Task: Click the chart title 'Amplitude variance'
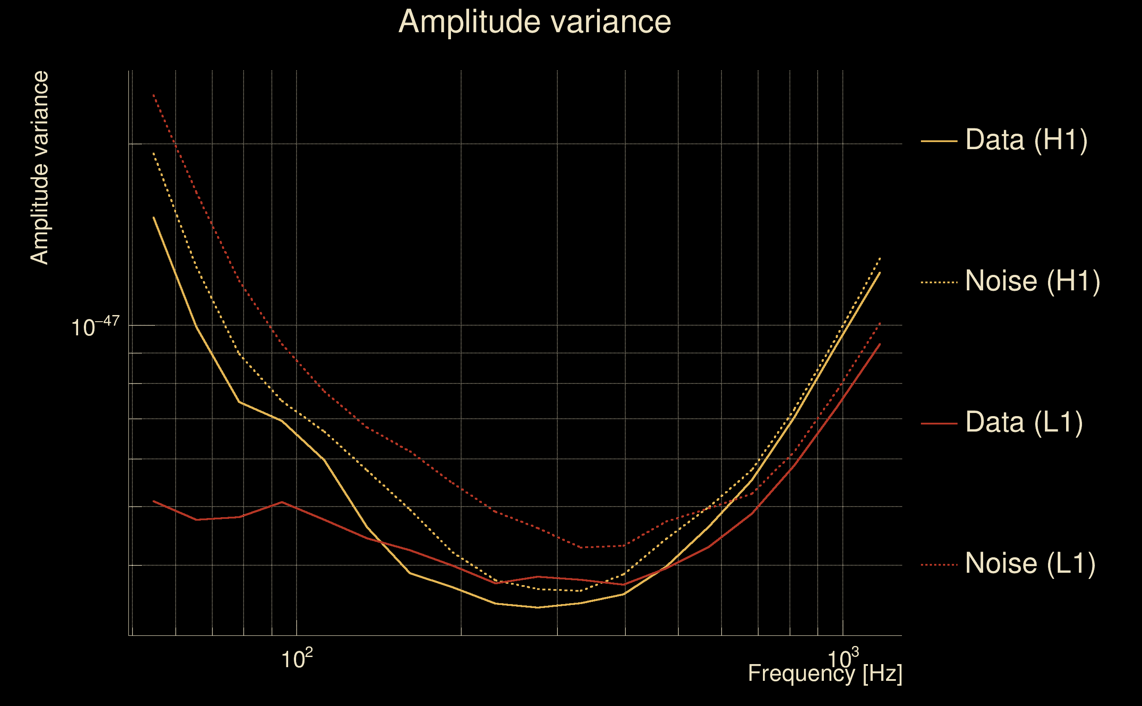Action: pyautogui.click(x=534, y=22)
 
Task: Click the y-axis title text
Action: pyautogui.click(x=39, y=168)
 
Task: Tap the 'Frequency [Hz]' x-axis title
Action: pyautogui.click(x=825, y=674)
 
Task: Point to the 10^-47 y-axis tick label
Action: pyautogui.click(x=95, y=327)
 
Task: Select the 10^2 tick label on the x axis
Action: pyautogui.click(x=297, y=659)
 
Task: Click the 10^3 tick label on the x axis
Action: pyautogui.click(x=843, y=659)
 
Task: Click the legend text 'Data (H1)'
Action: pyautogui.click(x=1026, y=139)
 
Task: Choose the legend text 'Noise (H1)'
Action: pyautogui.click(x=1032, y=281)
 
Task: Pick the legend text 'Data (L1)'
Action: pyautogui.click(x=1024, y=423)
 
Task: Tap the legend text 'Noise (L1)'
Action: pyautogui.click(x=1030, y=563)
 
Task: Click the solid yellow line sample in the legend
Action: pyautogui.click(x=939, y=141)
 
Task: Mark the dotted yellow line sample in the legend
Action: pyautogui.click(x=939, y=282)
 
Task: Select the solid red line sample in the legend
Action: pyautogui.click(x=939, y=424)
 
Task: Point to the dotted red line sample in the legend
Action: pyautogui.click(x=939, y=565)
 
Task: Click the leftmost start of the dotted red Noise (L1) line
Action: pyautogui.click(x=154, y=95)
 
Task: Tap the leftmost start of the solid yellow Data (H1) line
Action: pyautogui.click(x=154, y=217)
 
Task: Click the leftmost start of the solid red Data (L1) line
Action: pyautogui.click(x=154, y=501)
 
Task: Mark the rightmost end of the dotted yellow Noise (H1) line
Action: pyautogui.click(x=880, y=258)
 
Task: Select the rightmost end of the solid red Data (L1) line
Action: pyautogui.click(x=880, y=344)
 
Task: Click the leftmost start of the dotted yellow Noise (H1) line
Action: pyautogui.click(x=154, y=153)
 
